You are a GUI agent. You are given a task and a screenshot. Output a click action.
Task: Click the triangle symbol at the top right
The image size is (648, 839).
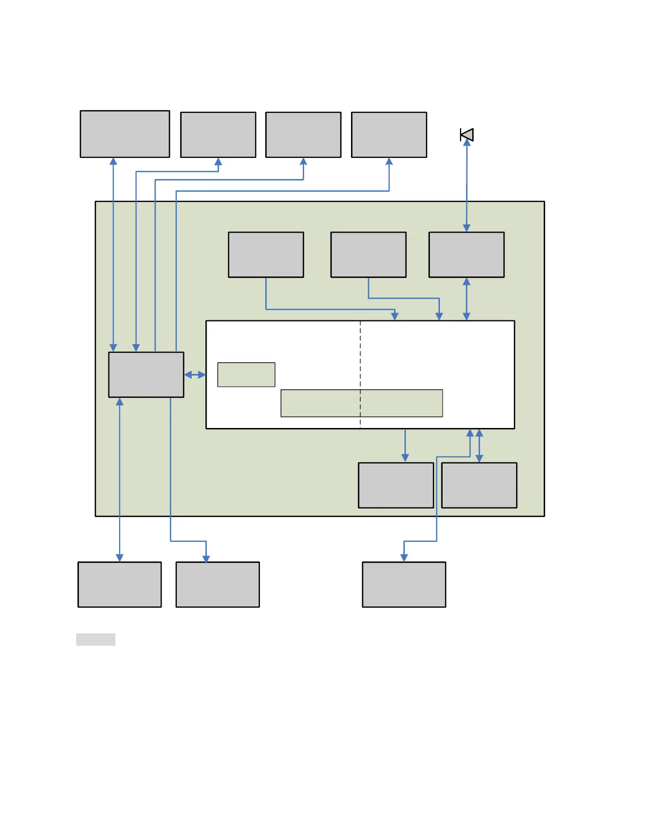coord(467,135)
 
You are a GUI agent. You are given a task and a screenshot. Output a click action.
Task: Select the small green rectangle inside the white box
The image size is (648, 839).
coord(246,374)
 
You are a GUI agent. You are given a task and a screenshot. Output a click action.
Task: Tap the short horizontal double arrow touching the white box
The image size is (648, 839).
coord(195,374)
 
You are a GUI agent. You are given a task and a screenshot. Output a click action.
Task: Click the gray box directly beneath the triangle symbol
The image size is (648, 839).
coord(466,255)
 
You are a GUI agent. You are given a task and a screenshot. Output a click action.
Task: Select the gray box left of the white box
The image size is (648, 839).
coord(146,374)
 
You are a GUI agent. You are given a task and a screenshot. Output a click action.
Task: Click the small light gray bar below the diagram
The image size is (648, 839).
coord(96,639)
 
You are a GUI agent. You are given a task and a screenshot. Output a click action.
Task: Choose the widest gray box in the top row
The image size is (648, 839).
coord(125,134)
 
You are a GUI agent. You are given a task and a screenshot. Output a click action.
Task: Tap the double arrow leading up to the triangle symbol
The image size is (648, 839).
coord(466,185)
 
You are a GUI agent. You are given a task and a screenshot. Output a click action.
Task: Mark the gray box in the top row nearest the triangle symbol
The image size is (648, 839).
coord(389,135)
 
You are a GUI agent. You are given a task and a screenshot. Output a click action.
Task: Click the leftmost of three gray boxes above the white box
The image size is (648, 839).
coord(266,255)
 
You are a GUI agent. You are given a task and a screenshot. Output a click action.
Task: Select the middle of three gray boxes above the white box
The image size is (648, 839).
coord(368,255)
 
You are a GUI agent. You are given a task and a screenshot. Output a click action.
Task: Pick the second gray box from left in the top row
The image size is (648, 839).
coord(218,135)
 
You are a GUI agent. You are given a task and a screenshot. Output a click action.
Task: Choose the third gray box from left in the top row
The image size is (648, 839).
coord(303,135)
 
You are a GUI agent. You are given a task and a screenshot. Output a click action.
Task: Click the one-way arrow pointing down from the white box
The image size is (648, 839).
coord(406,445)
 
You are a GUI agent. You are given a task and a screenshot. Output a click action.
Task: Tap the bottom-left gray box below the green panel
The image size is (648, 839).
coord(120,584)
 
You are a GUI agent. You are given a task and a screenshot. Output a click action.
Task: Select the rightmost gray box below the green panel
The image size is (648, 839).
coord(404,584)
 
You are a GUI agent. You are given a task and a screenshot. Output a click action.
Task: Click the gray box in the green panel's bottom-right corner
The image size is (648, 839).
coord(479,485)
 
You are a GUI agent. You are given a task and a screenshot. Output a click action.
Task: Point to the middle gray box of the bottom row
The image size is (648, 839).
coord(218,584)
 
